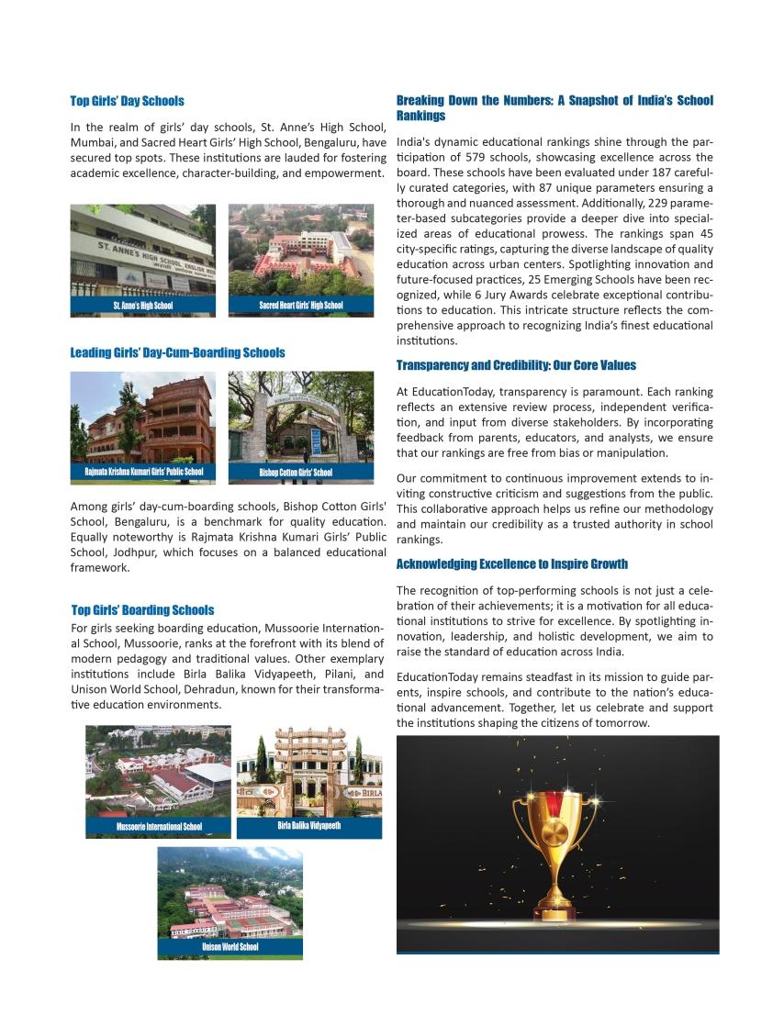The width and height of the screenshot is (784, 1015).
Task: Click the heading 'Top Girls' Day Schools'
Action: coord(127,101)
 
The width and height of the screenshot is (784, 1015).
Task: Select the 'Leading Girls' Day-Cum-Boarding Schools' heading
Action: coord(177,352)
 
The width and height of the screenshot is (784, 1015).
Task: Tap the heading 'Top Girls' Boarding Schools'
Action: coord(142,609)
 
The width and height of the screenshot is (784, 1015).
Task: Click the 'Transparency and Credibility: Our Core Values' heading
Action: coord(516,365)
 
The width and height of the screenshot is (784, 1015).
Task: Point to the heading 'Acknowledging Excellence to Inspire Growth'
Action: coord(511,563)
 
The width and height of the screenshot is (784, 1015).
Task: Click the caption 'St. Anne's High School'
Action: coord(142,306)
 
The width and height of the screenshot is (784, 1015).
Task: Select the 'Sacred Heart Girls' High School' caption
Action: coord(300,306)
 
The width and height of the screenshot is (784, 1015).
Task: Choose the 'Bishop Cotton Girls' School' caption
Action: coord(296,474)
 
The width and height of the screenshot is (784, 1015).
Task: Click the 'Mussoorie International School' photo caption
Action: coord(159,827)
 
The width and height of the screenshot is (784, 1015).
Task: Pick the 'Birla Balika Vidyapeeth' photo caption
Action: coord(308,826)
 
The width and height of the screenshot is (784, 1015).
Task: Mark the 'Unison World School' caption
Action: coord(230,947)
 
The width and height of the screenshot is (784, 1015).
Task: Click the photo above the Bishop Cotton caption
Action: coord(300,418)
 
